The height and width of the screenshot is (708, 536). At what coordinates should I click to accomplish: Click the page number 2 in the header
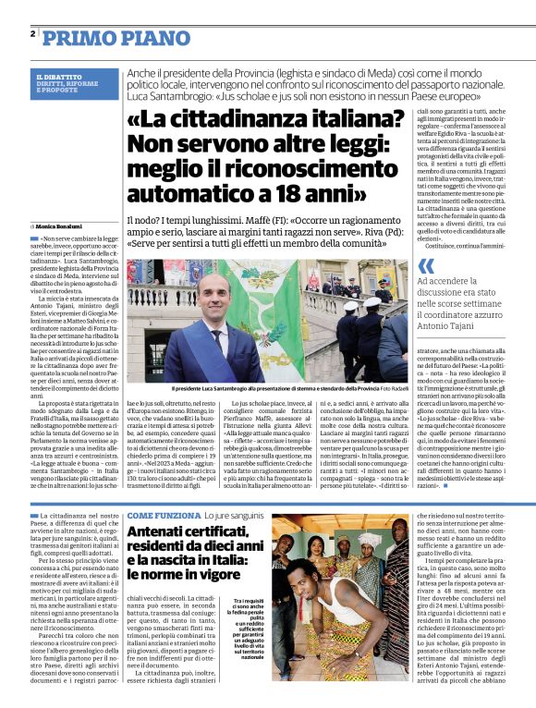pyautogui.click(x=31, y=33)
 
